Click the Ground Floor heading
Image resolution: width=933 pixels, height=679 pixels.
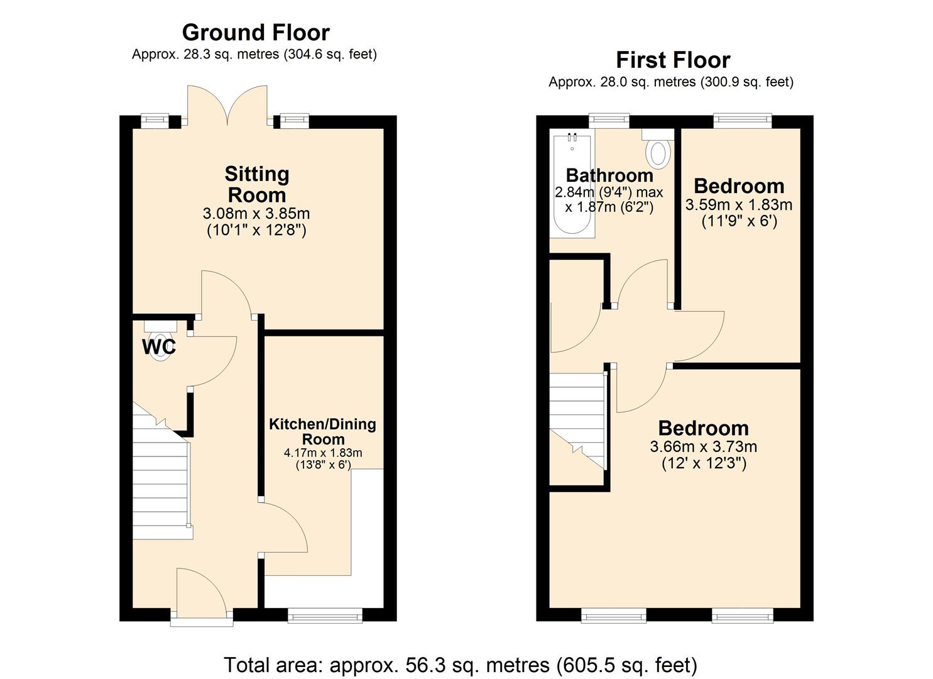[x=256, y=32]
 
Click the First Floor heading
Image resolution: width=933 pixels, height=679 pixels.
[x=672, y=60]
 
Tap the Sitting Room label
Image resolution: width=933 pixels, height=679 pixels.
[x=257, y=184]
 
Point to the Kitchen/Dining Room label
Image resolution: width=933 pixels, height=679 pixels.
[x=323, y=431]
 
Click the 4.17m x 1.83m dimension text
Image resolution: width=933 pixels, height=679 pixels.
[x=323, y=453]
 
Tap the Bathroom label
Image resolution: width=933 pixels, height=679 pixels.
[x=609, y=175]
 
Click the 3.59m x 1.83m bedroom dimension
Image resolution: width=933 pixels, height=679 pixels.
[x=739, y=205]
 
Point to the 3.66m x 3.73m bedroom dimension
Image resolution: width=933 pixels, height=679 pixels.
[x=703, y=447]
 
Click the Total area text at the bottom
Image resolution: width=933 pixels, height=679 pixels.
[x=461, y=665]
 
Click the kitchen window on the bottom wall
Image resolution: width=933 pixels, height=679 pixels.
[x=325, y=615]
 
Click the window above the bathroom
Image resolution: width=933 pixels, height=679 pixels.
[x=609, y=120]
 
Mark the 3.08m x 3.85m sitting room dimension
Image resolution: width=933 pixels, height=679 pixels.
[x=258, y=214]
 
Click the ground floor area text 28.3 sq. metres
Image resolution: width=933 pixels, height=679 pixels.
[x=254, y=54]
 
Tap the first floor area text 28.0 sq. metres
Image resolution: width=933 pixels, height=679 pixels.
[x=671, y=82]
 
